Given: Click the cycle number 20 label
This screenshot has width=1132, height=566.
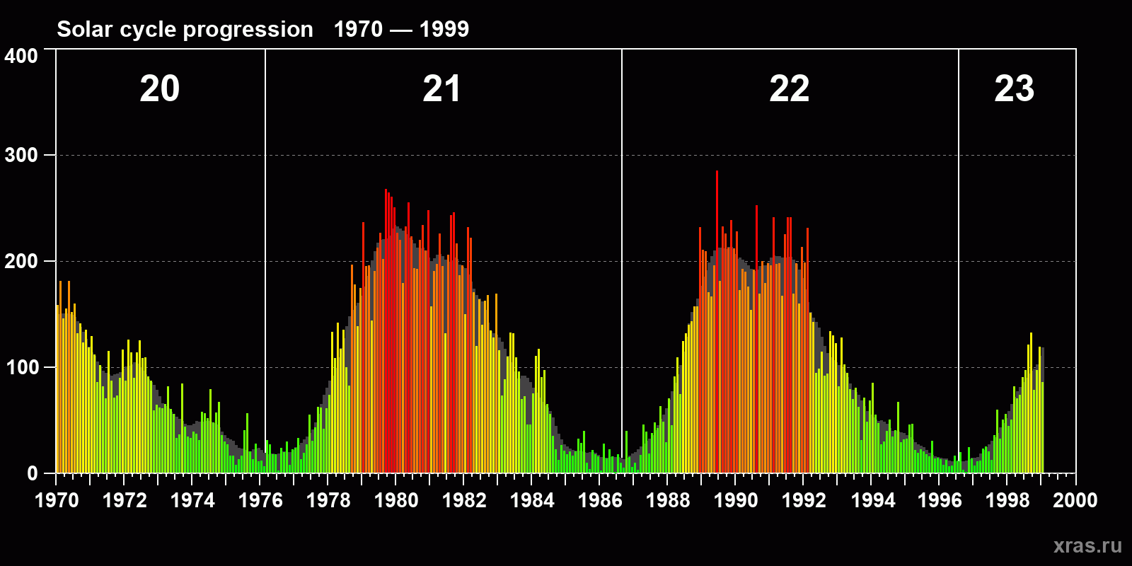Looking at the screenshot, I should (159, 89).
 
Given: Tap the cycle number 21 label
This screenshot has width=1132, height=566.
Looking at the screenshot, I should (441, 89).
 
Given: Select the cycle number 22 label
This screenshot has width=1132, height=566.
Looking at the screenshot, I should (789, 89).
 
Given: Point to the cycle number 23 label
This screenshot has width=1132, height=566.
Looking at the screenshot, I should (1014, 89).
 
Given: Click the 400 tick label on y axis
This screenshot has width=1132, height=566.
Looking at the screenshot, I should (21, 57).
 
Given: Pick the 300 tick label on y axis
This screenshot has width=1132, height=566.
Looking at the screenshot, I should (21, 156).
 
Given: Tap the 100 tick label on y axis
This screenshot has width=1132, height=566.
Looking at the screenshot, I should (21, 368).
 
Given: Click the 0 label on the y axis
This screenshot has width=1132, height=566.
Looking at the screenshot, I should (33, 473).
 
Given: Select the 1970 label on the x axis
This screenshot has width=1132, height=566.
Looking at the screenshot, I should (57, 500).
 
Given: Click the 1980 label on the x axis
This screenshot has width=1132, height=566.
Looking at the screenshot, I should (396, 500).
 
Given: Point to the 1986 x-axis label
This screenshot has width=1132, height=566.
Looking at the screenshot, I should (600, 500).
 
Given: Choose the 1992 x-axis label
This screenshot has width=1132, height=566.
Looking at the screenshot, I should (804, 500).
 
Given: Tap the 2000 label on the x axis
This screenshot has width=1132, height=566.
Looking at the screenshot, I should (1075, 500).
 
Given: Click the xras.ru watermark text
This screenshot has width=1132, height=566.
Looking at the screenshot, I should (1087, 545).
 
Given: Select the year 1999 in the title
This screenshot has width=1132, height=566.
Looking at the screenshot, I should (444, 29).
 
